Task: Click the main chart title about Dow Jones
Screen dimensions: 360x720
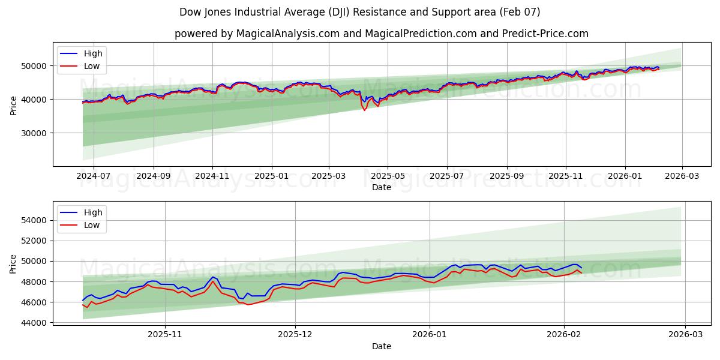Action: [x=359, y=12]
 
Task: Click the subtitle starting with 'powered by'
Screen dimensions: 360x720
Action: [x=381, y=34]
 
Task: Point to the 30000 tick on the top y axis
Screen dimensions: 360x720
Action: [x=35, y=133]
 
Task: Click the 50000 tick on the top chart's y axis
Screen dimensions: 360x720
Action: [x=35, y=66]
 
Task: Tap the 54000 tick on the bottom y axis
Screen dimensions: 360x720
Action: [x=35, y=220]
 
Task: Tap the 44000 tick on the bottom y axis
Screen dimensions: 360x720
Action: [x=35, y=323]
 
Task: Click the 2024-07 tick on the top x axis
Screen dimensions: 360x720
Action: [x=94, y=175]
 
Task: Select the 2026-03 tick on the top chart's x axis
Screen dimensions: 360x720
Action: [x=682, y=175]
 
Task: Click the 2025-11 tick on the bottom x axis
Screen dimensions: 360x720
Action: [x=164, y=334]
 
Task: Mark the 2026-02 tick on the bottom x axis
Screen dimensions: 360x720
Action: [x=564, y=334]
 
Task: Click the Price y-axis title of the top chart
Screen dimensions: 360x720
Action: [x=13, y=105]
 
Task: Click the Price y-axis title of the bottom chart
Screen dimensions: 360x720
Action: [x=13, y=264]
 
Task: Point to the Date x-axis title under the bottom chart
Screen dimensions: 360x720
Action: [x=381, y=346]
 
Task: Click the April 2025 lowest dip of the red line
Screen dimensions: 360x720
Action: [x=364, y=110]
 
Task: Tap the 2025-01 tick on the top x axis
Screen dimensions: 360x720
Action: [x=271, y=175]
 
